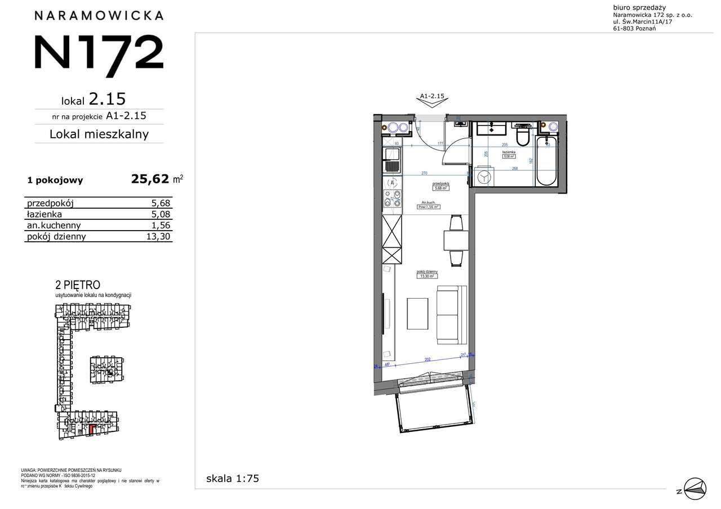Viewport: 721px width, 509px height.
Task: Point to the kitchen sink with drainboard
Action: [x=391, y=161]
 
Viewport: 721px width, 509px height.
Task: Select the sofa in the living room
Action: [x=452, y=315]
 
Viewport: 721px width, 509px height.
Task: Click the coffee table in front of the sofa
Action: [x=417, y=313]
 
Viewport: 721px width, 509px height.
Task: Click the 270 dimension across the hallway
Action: [x=426, y=173]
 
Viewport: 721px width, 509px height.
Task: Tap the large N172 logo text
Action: [x=99, y=57]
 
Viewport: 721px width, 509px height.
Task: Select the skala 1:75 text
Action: [x=233, y=479]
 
